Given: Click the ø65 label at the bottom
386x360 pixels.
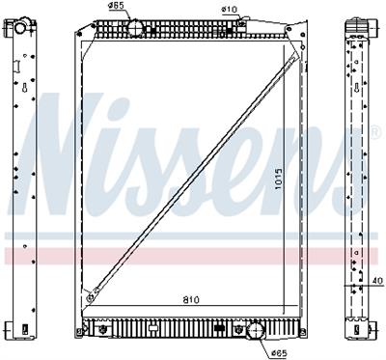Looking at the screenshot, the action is point(278,354).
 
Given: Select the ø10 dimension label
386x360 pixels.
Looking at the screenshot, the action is point(229,10).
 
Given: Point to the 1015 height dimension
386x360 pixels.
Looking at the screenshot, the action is point(279,179).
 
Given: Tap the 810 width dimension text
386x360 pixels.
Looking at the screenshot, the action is point(191,300).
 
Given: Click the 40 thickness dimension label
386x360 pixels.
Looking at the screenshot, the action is point(378,281).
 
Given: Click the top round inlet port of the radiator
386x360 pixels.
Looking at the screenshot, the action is point(135,27).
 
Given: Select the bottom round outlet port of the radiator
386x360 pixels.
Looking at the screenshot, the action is point(256,329).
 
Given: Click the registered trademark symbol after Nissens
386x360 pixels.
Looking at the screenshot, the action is point(375,132).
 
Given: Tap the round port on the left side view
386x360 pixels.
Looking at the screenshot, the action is point(19,28).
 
